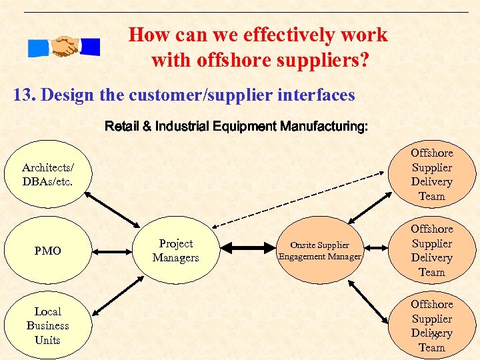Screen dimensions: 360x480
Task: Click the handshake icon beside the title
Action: [64, 46]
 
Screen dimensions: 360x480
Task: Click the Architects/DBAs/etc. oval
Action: [47, 175]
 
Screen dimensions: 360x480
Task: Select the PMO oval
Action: [47, 251]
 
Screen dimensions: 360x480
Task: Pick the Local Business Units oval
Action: [47, 325]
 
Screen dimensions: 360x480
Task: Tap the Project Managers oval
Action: [175, 251]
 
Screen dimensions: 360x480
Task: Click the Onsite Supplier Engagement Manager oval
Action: [320, 251]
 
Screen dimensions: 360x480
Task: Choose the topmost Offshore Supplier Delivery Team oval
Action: [431, 175]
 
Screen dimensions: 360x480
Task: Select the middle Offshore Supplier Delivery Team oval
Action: [431, 251]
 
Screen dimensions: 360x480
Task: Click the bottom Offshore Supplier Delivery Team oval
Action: [431, 325]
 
